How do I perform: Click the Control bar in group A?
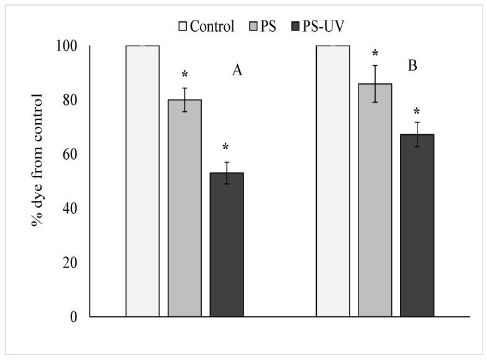(x=142, y=181)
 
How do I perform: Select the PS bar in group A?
(x=184, y=208)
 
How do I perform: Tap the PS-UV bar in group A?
(x=227, y=245)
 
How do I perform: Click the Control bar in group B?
(x=333, y=181)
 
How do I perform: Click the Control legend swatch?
(x=183, y=27)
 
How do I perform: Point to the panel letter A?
(x=237, y=71)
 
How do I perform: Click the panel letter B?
(x=412, y=65)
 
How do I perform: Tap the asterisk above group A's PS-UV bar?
(x=226, y=147)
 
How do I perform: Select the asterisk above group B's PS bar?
(x=375, y=52)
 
